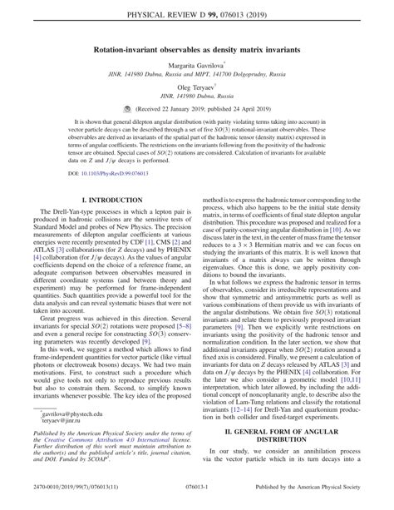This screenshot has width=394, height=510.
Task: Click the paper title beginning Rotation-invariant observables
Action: (x=196, y=51)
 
